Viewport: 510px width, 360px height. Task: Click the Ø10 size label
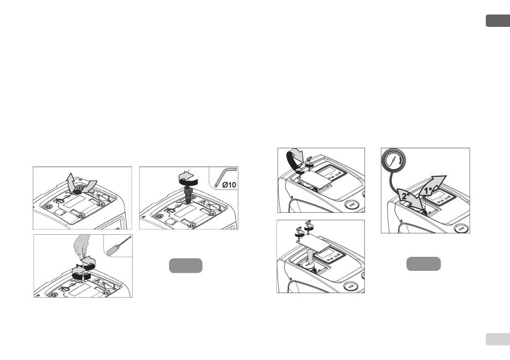tap(229, 185)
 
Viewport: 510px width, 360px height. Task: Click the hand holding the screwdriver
tap(81, 246)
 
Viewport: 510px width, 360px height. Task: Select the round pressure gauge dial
tap(394, 161)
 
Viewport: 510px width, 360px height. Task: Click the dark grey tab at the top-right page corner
tap(498, 20)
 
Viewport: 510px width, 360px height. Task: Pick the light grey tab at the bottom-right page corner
tap(498, 339)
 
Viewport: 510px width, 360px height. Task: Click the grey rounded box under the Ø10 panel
tap(186, 265)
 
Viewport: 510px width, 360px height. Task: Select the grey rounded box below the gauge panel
tap(424, 264)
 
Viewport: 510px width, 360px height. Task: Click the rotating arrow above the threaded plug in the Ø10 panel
tap(188, 178)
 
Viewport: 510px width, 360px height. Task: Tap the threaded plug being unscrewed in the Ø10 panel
tap(188, 193)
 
